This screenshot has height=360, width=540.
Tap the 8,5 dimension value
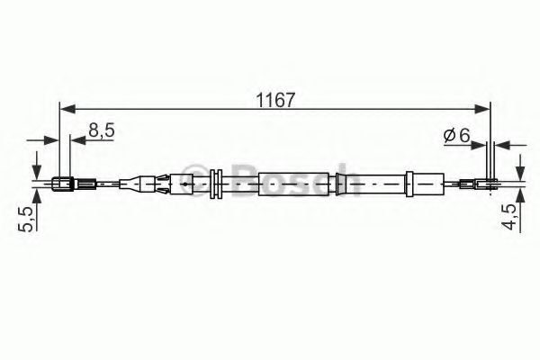[101, 131]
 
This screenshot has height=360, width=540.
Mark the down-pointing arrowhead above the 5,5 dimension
[36, 172]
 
